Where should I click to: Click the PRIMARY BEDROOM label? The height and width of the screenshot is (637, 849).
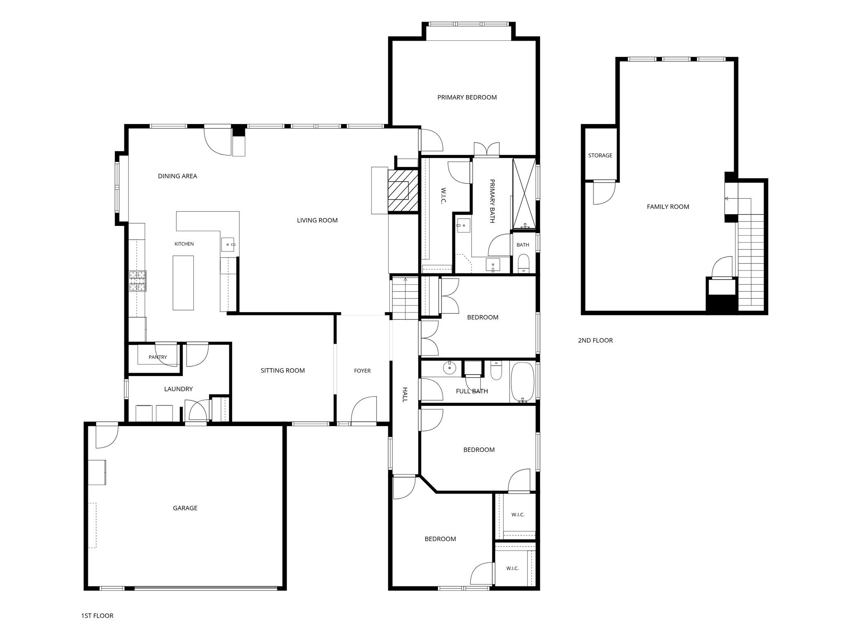(x=467, y=98)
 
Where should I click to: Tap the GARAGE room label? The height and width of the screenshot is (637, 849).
(x=185, y=508)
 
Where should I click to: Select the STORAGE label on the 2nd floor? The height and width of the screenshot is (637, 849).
(x=600, y=156)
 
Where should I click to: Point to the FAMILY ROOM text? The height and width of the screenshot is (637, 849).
(x=668, y=207)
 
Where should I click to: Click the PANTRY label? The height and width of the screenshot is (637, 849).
(x=158, y=357)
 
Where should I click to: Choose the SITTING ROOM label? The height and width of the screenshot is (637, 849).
(x=282, y=371)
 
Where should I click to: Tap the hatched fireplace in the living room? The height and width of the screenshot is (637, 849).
(x=403, y=190)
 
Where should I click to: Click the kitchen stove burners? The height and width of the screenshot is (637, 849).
(x=138, y=281)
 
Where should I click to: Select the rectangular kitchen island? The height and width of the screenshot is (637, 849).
(x=183, y=283)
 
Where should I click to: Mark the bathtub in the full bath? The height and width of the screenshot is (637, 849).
(x=523, y=381)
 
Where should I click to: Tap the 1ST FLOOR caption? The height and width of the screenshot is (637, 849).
(x=97, y=616)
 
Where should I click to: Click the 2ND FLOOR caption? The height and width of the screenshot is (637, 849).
(x=595, y=340)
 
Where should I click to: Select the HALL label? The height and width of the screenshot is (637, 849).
(x=405, y=394)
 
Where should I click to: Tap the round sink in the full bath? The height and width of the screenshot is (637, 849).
(x=449, y=367)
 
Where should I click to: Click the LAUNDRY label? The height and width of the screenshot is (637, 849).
(x=178, y=389)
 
